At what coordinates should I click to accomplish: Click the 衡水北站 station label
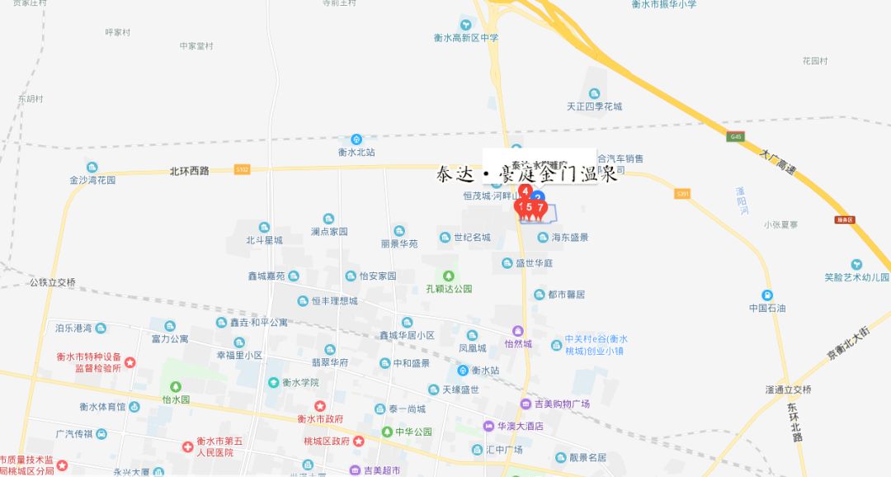click(x=356, y=152)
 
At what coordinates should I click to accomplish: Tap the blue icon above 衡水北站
click(x=356, y=139)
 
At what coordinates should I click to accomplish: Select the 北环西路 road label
click(x=189, y=171)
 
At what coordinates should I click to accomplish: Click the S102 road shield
click(x=242, y=168)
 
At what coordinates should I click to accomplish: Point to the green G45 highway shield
click(x=736, y=136)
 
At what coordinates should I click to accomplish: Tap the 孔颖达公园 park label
click(x=449, y=289)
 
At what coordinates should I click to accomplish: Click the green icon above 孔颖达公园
click(x=449, y=276)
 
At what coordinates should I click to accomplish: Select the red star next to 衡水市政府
click(x=320, y=406)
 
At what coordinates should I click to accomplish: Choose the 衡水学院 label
click(x=299, y=383)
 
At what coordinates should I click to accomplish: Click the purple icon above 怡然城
click(x=518, y=330)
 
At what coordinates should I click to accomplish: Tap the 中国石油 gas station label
click(x=767, y=308)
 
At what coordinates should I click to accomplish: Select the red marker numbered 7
click(x=540, y=208)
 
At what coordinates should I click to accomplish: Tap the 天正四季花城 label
click(x=594, y=106)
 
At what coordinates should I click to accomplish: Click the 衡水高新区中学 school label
click(x=466, y=38)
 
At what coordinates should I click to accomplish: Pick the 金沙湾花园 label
click(x=92, y=180)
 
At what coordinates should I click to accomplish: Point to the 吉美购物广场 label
click(x=561, y=404)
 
